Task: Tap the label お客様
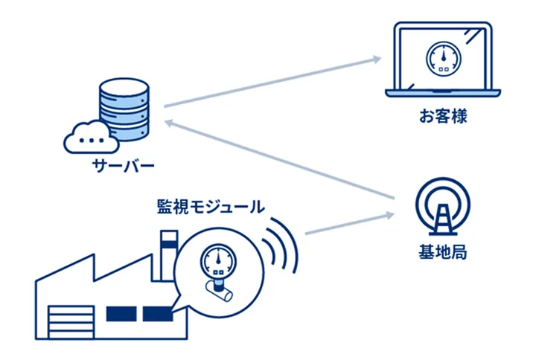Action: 442,117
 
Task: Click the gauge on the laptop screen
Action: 443,57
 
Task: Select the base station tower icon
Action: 443,208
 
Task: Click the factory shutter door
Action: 68,322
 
